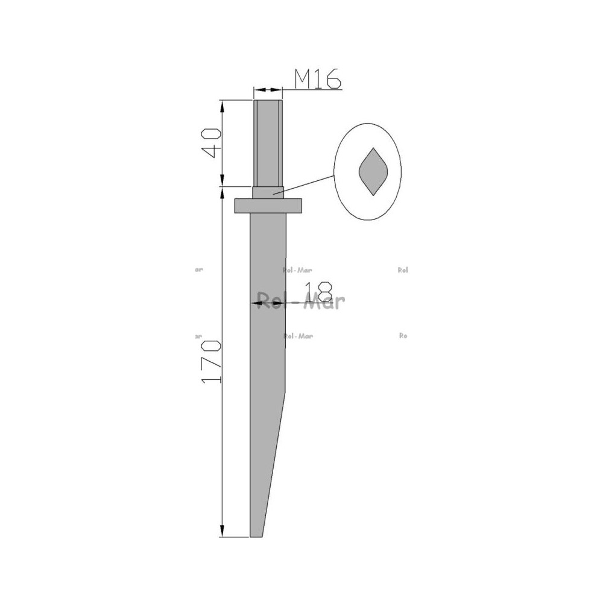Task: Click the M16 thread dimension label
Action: (318, 79)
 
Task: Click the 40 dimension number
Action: (212, 143)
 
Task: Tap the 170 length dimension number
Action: (212, 361)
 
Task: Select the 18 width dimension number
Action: (318, 291)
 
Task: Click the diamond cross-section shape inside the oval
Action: (373, 171)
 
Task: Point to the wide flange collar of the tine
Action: (268, 206)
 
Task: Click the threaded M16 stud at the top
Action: (268, 144)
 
